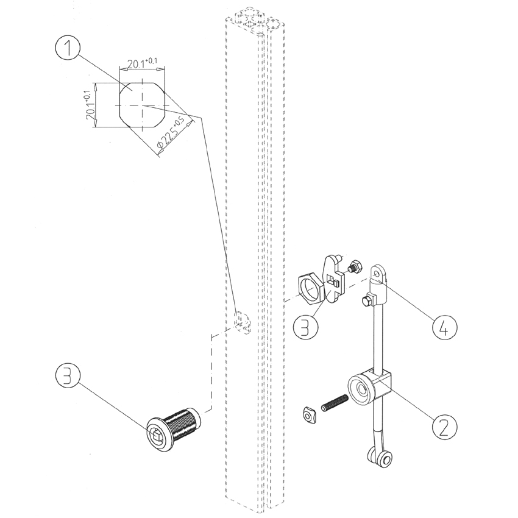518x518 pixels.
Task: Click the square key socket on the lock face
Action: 157,434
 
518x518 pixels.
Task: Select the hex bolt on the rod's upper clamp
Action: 367,300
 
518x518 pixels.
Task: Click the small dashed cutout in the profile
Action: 243,322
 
